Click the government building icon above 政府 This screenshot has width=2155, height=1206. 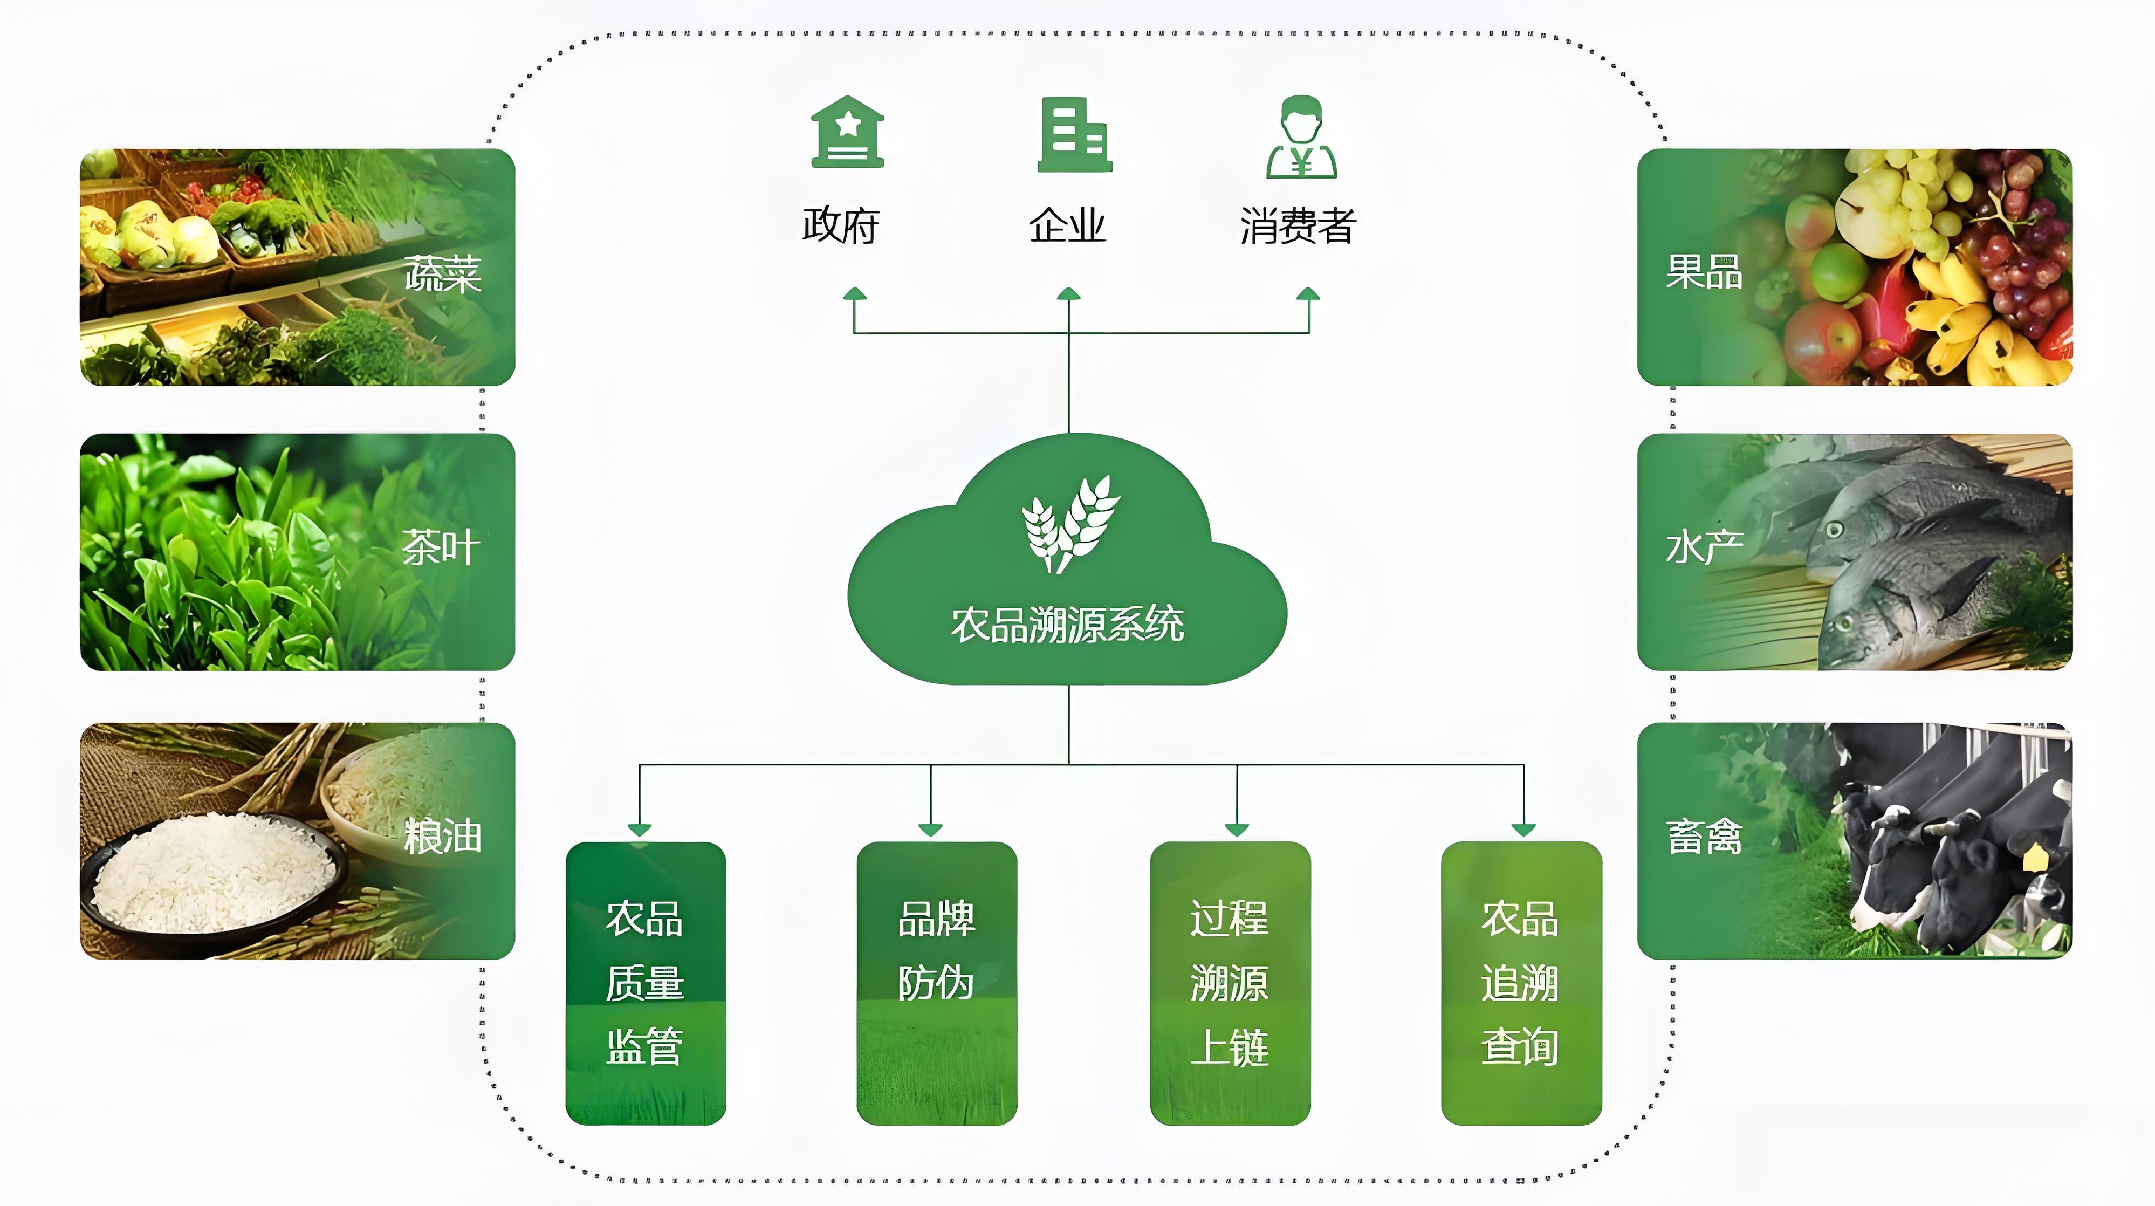click(x=847, y=133)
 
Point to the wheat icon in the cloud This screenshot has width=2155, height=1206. click(x=1070, y=524)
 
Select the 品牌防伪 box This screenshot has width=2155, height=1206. click(x=936, y=983)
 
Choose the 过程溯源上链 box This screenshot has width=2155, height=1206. click(x=1230, y=983)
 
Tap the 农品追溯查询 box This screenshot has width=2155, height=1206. click(x=1521, y=983)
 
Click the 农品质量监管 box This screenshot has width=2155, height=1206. click(x=645, y=983)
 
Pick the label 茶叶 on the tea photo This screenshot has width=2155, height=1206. click(x=441, y=548)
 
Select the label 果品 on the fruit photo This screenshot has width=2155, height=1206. click(x=1703, y=272)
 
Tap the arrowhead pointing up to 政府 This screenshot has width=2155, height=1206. click(x=854, y=294)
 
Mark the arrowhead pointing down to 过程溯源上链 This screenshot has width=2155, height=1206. click(x=1237, y=830)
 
